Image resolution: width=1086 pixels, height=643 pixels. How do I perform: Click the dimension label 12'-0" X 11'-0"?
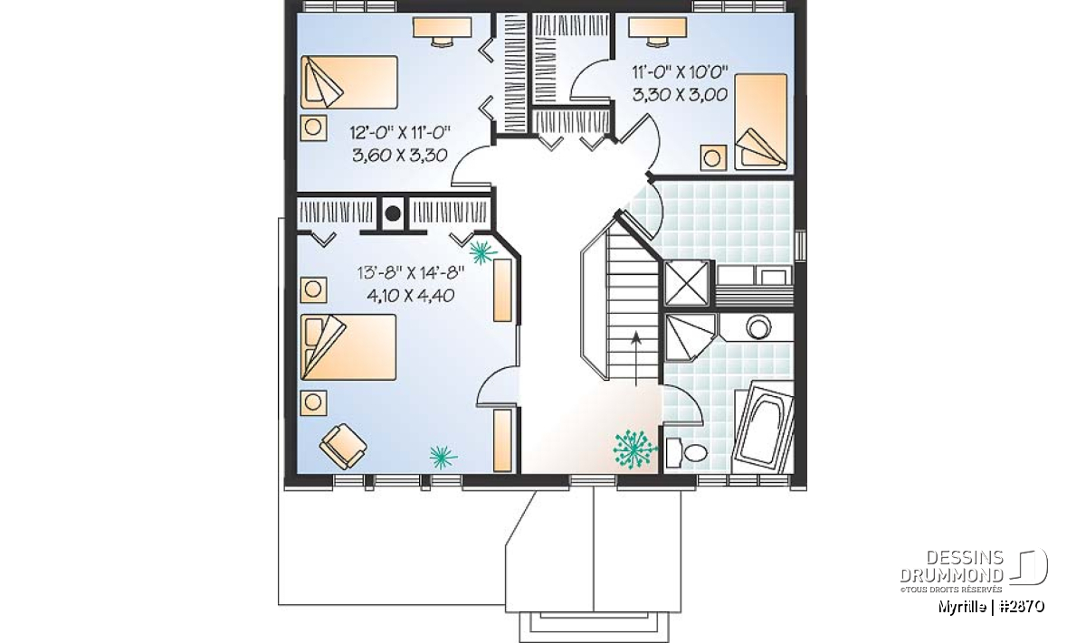[400, 132]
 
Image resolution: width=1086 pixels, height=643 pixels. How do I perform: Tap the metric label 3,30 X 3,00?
[680, 94]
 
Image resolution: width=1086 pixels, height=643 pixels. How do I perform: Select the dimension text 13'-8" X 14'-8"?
[411, 273]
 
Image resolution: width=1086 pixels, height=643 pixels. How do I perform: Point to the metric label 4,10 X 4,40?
[411, 295]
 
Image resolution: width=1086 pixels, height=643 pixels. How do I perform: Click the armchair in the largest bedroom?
[343, 446]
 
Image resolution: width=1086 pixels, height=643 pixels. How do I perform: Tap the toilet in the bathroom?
[687, 452]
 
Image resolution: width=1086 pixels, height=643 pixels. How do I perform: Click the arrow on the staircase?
[636, 358]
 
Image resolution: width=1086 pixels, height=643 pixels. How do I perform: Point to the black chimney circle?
[393, 213]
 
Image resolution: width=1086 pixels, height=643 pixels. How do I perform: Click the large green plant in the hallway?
[635, 449]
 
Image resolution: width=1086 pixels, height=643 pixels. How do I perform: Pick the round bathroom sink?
[758, 326]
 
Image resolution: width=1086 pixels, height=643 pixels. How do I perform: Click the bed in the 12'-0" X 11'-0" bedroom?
[349, 82]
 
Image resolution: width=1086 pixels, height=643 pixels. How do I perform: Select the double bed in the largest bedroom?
[348, 347]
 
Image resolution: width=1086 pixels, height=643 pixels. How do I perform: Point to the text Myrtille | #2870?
[991, 606]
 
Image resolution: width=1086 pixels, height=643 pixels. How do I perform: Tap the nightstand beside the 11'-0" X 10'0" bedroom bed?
[713, 157]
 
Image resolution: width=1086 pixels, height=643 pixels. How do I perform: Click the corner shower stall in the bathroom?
[691, 337]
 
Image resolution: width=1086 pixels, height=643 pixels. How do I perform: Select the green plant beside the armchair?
[443, 457]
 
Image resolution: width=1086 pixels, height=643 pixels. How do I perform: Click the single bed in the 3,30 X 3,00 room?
[761, 121]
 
